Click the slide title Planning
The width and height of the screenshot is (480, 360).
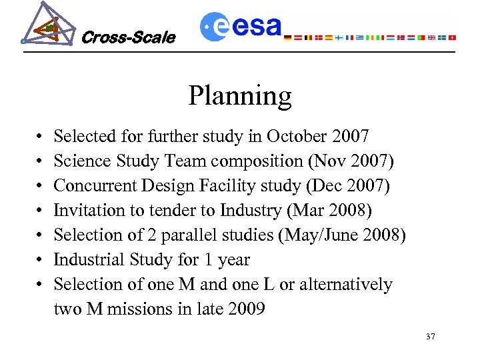(239, 96)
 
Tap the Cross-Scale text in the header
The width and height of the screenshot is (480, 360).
(128, 38)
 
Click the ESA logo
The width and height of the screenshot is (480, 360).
(241, 26)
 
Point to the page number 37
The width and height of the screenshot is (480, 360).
(430, 337)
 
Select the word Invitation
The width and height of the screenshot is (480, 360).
(86, 211)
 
